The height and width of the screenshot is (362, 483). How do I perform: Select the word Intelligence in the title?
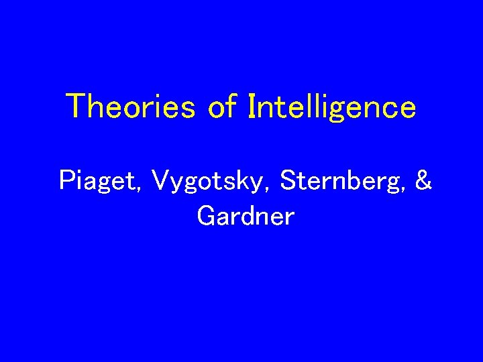tap(332, 108)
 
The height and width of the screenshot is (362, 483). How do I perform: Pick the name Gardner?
tap(246, 216)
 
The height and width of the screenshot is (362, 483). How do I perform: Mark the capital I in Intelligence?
tap(252, 106)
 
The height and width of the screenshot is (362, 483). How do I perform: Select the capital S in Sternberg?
tap(290, 180)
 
